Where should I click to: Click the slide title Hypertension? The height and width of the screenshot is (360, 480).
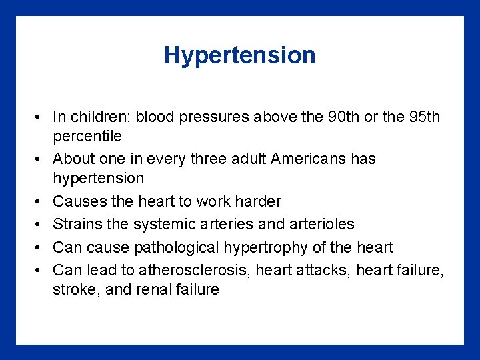[240, 55]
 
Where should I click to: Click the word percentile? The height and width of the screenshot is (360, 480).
[87, 137]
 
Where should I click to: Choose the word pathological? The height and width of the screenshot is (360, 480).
[176, 247]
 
